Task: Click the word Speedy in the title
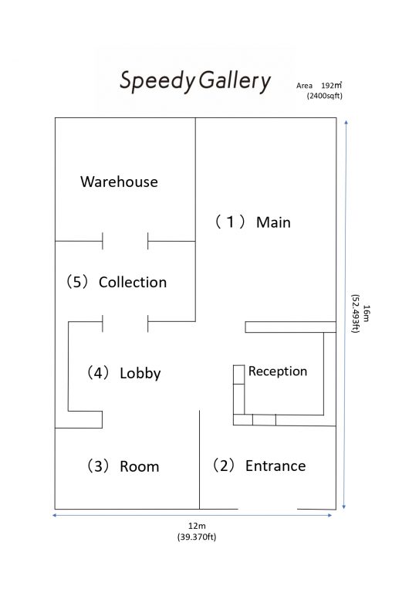pyautogui.click(x=157, y=81)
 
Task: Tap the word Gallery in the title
pyautogui.click(x=235, y=81)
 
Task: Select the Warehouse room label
pyautogui.click(x=119, y=182)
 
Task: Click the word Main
pyautogui.click(x=273, y=222)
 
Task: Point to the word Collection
pyautogui.click(x=133, y=282)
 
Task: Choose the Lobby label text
pyautogui.click(x=140, y=373)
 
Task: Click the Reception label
pyautogui.click(x=278, y=371)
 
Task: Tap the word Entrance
pyautogui.click(x=275, y=466)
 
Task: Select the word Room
pyautogui.click(x=140, y=466)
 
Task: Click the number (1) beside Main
pyautogui.click(x=230, y=222)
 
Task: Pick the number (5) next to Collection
pyautogui.click(x=77, y=282)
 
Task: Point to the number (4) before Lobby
pyautogui.click(x=98, y=372)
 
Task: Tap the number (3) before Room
pyautogui.click(x=98, y=466)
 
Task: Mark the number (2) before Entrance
pyautogui.click(x=224, y=465)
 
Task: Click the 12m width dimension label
pyautogui.click(x=197, y=526)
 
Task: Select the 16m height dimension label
pyautogui.click(x=366, y=313)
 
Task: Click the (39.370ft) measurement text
pyautogui.click(x=197, y=537)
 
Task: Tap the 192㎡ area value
pyautogui.click(x=331, y=86)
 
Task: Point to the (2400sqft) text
pyautogui.click(x=325, y=96)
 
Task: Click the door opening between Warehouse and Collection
pyautogui.click(x=125, y=241)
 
